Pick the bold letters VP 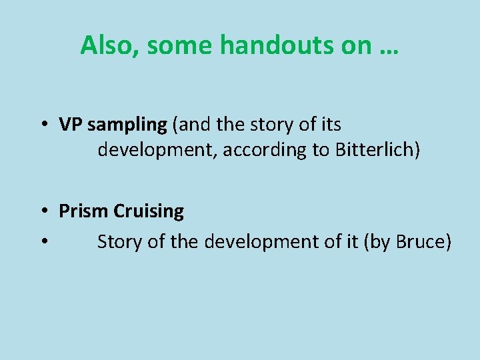[69, 125]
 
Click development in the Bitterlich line [157, 150]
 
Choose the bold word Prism [84, 211]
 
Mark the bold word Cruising [149, 212]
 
